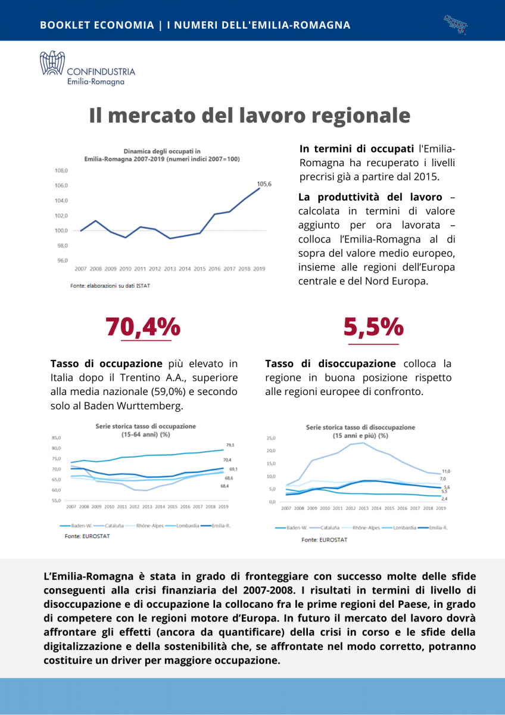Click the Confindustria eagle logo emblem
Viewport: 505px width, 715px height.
tap(52, 63)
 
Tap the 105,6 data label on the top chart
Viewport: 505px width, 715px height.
tap(264, 184)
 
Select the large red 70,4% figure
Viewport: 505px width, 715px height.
tap(143, 327)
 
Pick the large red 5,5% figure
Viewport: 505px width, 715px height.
tap(373, 327)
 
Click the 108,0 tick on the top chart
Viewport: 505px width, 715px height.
tap(62, 170)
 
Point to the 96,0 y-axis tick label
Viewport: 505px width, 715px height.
tap(62, 260)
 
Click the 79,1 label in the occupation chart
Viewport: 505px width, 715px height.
tap(230, 445)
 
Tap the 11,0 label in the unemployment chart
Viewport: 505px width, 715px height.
tap(445, 471)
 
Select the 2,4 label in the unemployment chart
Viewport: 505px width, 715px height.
tap(444, 498)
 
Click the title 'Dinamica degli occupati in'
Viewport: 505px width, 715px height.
tap(162, 151)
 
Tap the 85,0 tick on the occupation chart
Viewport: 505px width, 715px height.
tap(57, 438)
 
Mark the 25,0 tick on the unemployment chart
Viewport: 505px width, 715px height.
tap(271, 438)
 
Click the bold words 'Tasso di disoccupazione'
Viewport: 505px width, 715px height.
tap(331, 363)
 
